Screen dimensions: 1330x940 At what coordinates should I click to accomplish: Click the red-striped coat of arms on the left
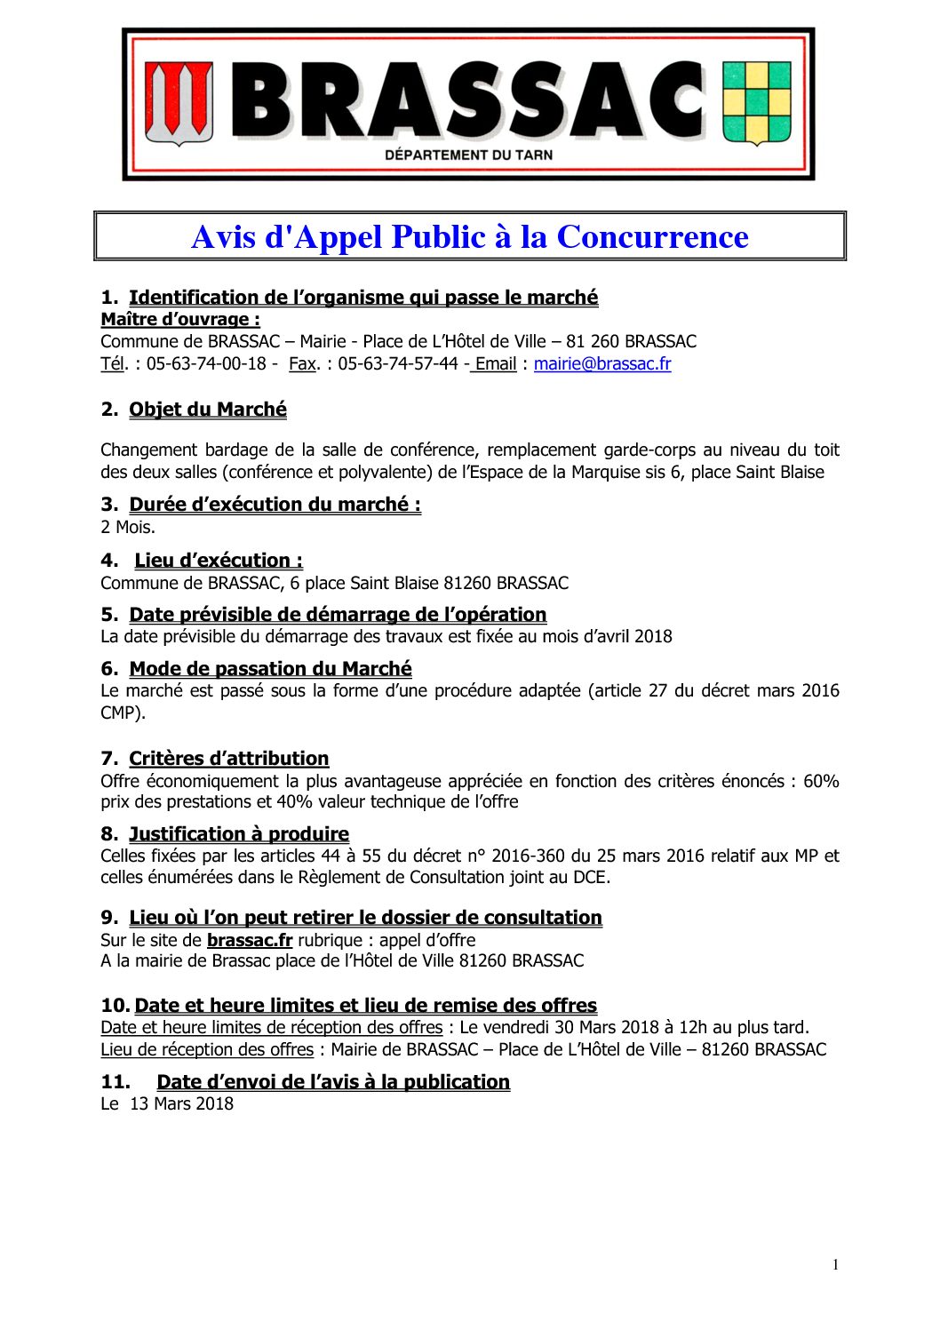click(x=179, y=102)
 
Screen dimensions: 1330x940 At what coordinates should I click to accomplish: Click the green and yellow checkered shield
click(x=756, y=102)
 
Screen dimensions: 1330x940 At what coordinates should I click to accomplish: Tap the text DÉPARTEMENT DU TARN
click(x=468, y=155)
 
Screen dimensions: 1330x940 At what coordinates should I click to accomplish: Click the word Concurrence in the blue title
click(x=652, y=237)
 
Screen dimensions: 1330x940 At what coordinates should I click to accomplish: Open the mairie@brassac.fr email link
click(x=602, y=363)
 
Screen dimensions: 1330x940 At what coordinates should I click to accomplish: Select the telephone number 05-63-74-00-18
click(x=206, y=363)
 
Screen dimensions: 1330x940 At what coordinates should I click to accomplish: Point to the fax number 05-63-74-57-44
click(x=397, y=363)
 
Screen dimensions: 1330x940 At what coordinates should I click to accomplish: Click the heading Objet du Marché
click(x=208, y=410)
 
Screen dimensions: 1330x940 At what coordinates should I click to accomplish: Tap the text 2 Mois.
click(x=128, y=527)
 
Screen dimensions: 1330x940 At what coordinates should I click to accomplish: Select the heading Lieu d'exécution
click(x=219, y=561)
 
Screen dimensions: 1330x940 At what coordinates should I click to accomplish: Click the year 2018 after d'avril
click(x=653, y=636)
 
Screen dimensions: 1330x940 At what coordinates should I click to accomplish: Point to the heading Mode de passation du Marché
click(x=270, y=669)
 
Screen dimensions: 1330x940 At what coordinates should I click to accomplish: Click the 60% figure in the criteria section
click(x=821, y=781)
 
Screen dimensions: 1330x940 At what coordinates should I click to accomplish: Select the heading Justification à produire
click(x=239, y=834)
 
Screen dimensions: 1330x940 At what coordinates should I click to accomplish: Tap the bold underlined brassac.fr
click(x=250, y=940)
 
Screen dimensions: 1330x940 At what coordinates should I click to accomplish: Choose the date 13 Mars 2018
click(x=181, y=1103)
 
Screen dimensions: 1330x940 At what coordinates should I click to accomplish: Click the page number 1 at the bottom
click(x=835, y=1265)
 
